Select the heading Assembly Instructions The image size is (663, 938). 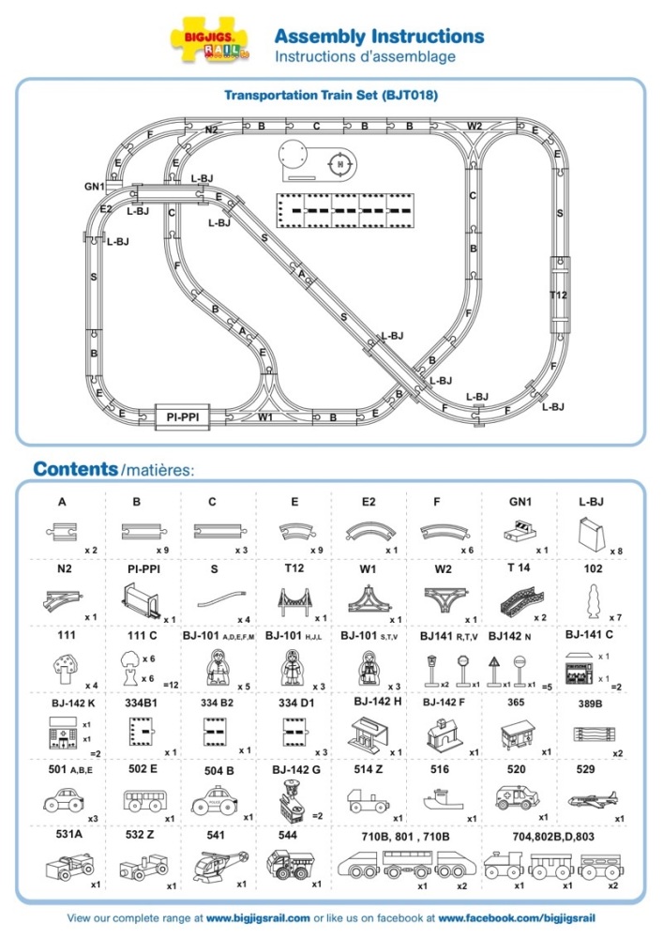tap(379, 37)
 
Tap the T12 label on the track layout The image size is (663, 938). tap(558, 295)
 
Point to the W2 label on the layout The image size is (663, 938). tap(475, 126)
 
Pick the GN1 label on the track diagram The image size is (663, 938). tap(94, 187)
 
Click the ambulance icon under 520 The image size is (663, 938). tap(518, 798)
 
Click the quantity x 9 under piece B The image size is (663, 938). tap(165, 549)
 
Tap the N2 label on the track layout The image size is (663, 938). tap(212, 129)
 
